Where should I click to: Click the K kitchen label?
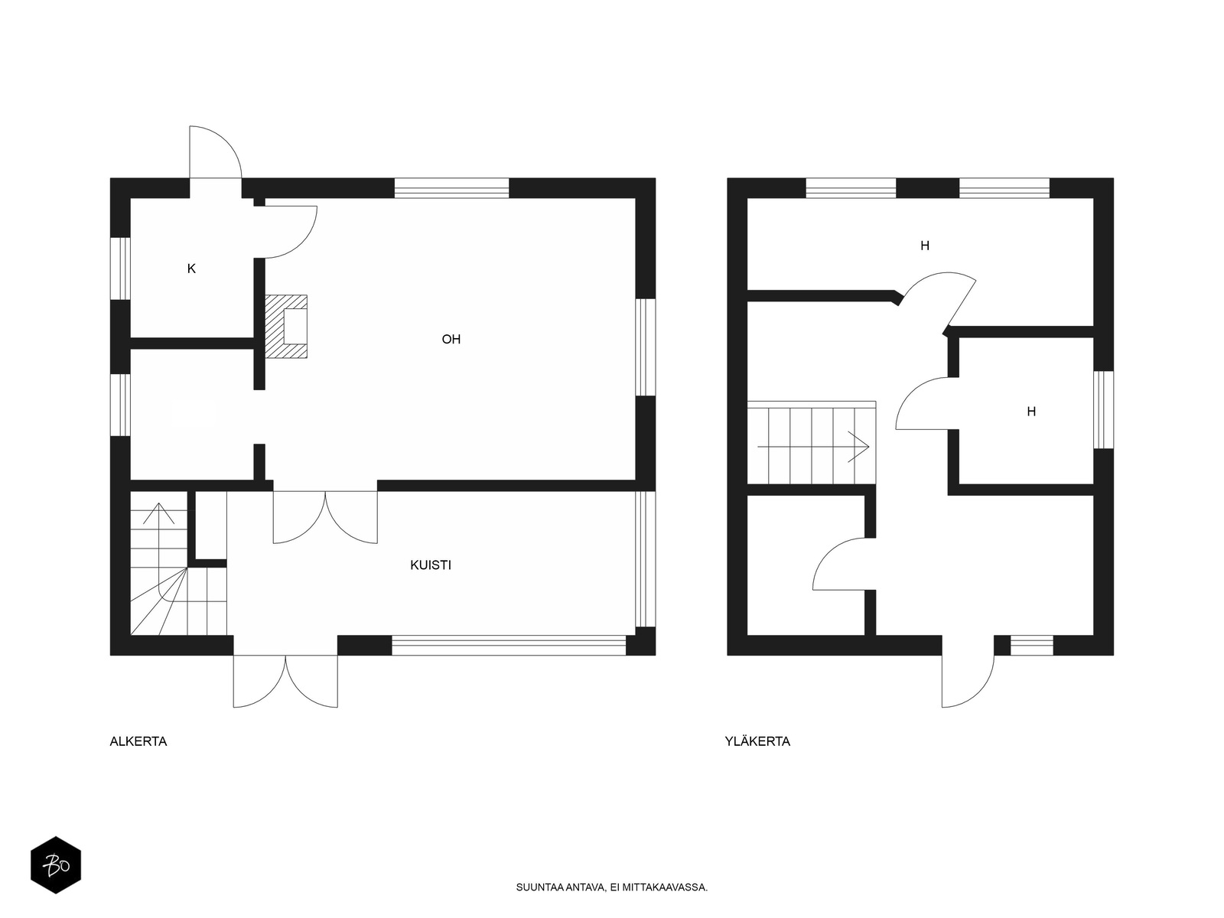click(x=190, y=269)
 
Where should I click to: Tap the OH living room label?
click(x=451, y=339)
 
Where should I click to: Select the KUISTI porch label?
click(x=430, y=565)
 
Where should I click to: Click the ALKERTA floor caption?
click(x=138, y=741)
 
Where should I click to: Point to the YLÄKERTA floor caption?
click(x=757, y=741)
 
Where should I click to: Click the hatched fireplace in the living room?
click(x=285, y=326)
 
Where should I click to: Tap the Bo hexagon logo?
click(x=56, y=865)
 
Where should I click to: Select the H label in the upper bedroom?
click(x=925, y=246)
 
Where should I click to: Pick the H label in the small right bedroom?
click(x=1031, y=412)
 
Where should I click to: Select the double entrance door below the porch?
click(x=285, y=681)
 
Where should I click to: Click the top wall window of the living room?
click(x=451, y=188)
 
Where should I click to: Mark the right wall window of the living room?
click(x=645, y=347)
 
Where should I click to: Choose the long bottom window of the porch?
click(x=509, y=645)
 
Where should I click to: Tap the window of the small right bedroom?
click(x=1103, y=410)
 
